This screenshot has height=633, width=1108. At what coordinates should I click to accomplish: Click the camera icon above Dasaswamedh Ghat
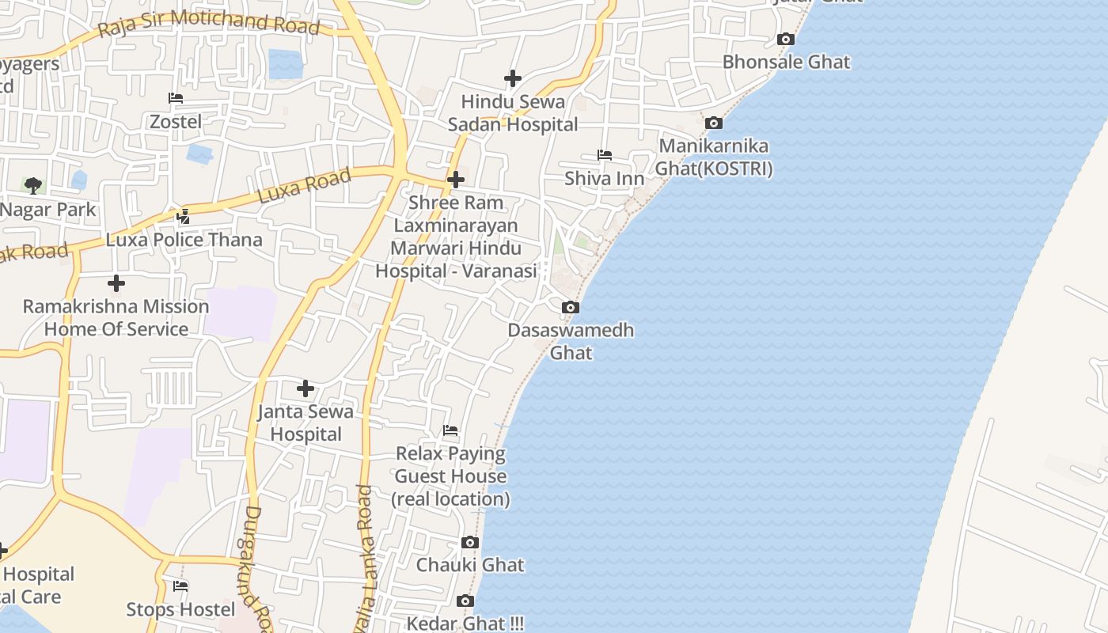tap(570, 307)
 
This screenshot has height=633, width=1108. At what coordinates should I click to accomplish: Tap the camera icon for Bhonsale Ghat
tap(785, 39)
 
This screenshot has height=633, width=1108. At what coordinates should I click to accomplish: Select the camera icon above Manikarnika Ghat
tap(713, 123)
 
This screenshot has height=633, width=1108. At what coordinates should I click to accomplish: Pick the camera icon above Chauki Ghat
tap(470, 542)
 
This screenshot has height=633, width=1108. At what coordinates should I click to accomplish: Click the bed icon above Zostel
tap(176, 98)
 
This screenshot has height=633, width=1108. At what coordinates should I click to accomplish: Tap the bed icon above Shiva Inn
tap(605, 155)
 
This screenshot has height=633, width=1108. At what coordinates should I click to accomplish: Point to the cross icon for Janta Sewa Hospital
tap(305, 389)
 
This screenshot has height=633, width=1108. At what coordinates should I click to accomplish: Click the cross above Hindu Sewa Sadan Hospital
tap(513, 78)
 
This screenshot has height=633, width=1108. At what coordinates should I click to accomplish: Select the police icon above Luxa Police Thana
tap(184, 216)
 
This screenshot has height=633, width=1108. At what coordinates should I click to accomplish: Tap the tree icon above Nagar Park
tap(33, 186)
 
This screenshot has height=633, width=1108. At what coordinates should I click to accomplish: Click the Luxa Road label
tap(305, 187)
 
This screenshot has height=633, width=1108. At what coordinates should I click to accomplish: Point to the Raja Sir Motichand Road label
tap(209, 24)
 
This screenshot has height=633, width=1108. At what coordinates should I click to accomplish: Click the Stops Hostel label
tap(180, 609)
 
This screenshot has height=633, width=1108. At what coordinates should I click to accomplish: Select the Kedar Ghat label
tap(465, 623)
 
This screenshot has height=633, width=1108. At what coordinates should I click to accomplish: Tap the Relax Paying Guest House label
tap(450, 476)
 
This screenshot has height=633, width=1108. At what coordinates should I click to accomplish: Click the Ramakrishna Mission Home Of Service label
tap(116, 317)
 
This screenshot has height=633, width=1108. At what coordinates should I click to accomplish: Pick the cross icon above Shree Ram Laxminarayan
tap(455, 180)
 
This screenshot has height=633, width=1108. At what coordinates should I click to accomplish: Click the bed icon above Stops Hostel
tap(180, 586)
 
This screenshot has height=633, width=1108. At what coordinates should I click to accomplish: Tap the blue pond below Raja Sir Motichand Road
tap(285, 64)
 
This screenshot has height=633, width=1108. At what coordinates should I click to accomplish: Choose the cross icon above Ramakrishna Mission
tap(116, 282)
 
